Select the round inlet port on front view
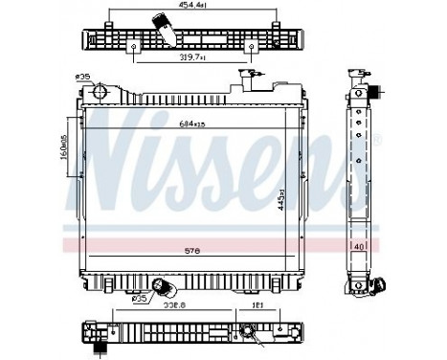(98, 91)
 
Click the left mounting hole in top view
(136, 45)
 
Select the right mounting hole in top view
(252, 45)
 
